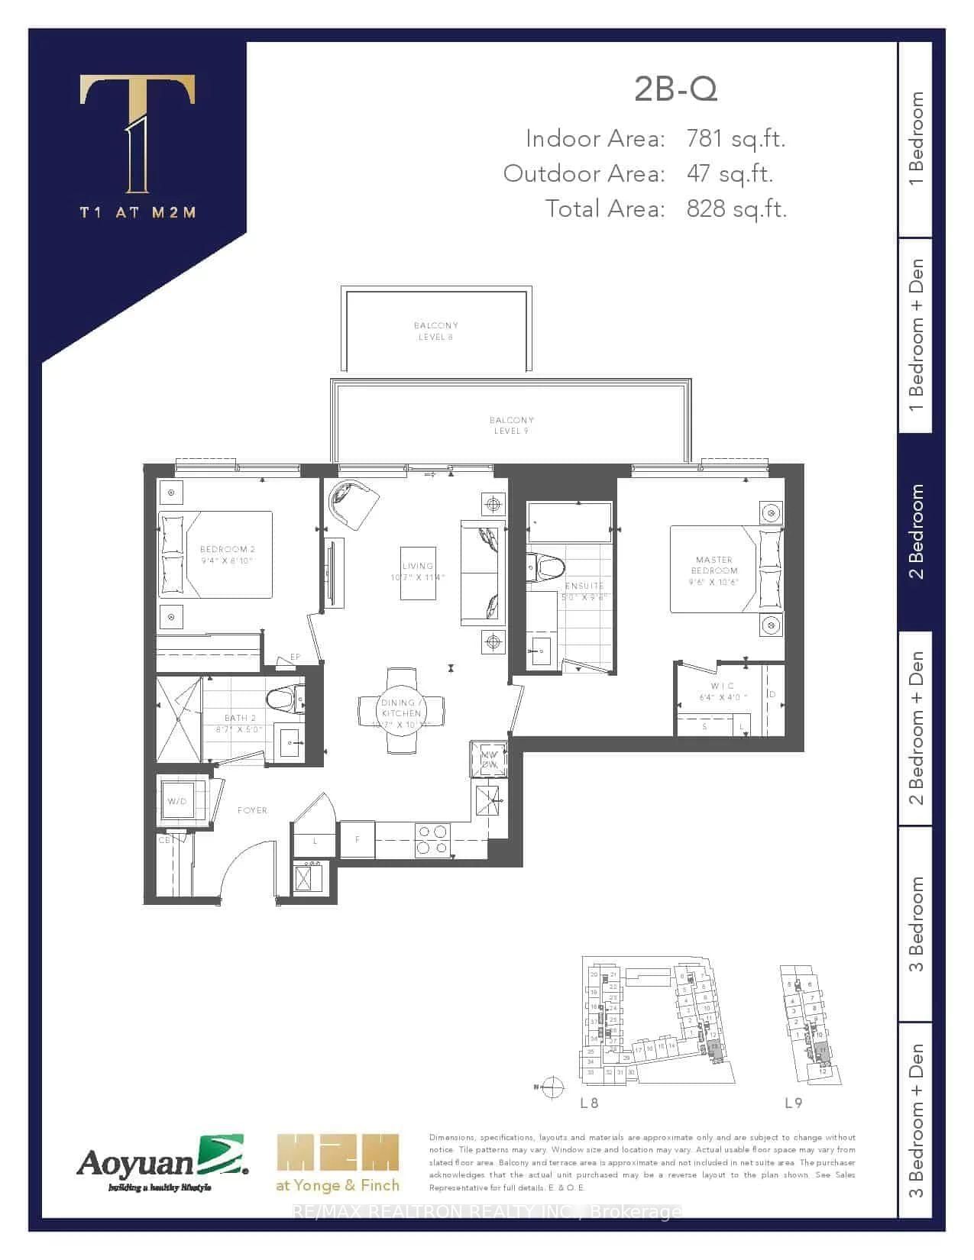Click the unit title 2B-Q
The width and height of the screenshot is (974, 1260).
click(675, 90)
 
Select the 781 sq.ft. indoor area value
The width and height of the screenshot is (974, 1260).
click(736, 138)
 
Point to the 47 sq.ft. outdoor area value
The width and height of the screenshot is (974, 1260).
click(730, 173)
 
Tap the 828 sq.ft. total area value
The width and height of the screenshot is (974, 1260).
click(736, 208)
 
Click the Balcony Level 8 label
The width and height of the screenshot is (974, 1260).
click(435, 331)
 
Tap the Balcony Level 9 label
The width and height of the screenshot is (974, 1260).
click(512, 425)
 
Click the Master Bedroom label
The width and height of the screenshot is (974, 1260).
click(714, 564)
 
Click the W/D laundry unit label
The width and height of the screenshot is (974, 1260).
click(176, 801)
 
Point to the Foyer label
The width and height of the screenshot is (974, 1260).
click(252, 810)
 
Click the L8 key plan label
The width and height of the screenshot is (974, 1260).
click(588, 1103)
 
